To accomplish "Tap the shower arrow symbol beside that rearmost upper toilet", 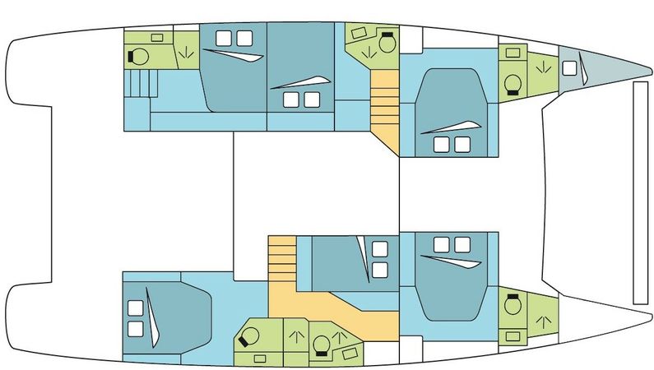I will (x=186, y=55).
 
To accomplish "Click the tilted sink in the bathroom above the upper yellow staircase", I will (x=358, y=33).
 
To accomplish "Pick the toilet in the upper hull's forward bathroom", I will (x=513, y=83).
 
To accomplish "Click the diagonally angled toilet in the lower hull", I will (x=246, y=337).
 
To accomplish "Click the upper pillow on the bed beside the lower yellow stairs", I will (x=379, y=249).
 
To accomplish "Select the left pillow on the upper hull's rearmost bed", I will (x=225, y=38).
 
